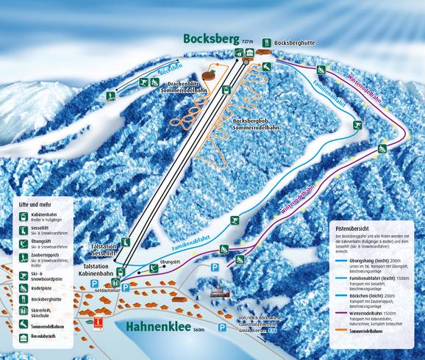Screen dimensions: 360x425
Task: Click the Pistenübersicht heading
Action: click(x=355, y=228)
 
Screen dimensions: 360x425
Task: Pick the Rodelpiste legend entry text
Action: click(x=45, y=289)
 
